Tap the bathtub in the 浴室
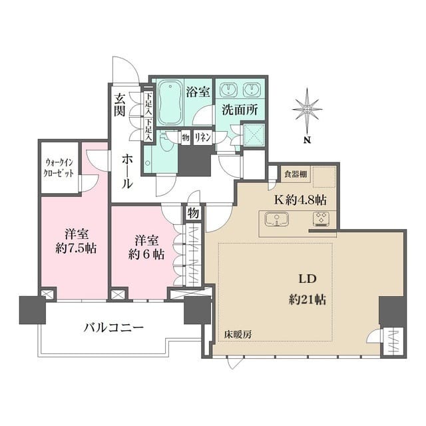pyautogui.click(x=170, y=103)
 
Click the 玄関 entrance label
pyautogui.click(x=120, y=105)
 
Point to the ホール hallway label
pyautogui.click(x=127, y=170)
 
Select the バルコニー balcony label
pyautogui.click(x=113, y=327)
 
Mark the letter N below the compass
pyautogui.click(x=308, y=140)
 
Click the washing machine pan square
pyautogui.click(x=256, y=135)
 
